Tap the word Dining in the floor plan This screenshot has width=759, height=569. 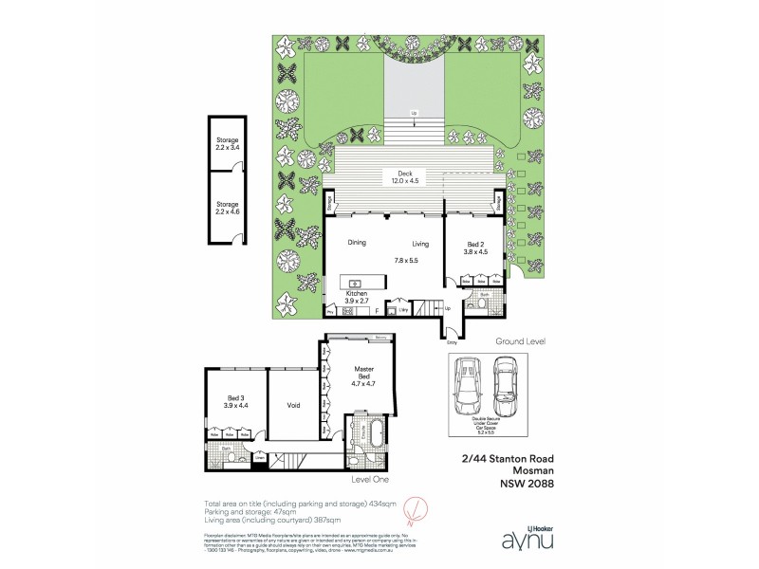tap(357, 243)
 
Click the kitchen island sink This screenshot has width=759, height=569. tap(356, 283)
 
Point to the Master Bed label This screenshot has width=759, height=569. tap(363, 372)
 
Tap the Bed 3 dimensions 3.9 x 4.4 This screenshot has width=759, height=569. tap(235, 405)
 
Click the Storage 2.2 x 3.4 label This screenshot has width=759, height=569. tap(227, 144)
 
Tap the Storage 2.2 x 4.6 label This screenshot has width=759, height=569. tap(227, 208)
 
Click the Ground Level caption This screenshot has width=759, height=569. tap(520, 340)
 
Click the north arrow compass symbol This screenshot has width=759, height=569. tap(411, 513)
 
